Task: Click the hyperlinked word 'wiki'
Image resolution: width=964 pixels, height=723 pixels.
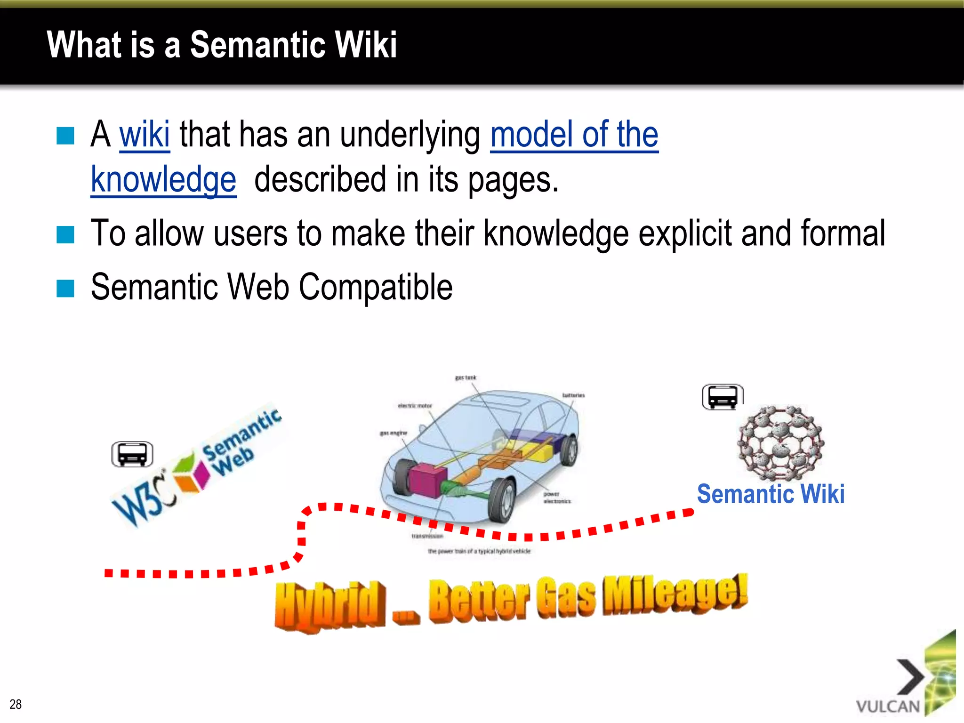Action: point(144,135)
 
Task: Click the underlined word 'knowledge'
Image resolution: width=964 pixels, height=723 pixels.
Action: point(163,180)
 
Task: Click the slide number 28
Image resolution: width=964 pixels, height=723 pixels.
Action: point(16,704)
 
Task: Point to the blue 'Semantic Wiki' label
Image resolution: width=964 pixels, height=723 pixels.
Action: point(771,494)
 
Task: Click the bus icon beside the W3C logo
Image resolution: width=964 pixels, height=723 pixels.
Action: point(132,454)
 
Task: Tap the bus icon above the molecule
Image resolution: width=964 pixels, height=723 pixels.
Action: point(722,397)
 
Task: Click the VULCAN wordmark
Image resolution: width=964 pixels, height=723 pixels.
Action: point(888,707)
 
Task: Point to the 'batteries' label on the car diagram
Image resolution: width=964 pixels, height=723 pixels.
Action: point(573,395)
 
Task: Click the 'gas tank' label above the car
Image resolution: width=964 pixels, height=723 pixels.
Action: point(466,378)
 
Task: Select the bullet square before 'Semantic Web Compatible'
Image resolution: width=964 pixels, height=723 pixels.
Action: point(65,289)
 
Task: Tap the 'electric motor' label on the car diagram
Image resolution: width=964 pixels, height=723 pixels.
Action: point(415,405)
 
